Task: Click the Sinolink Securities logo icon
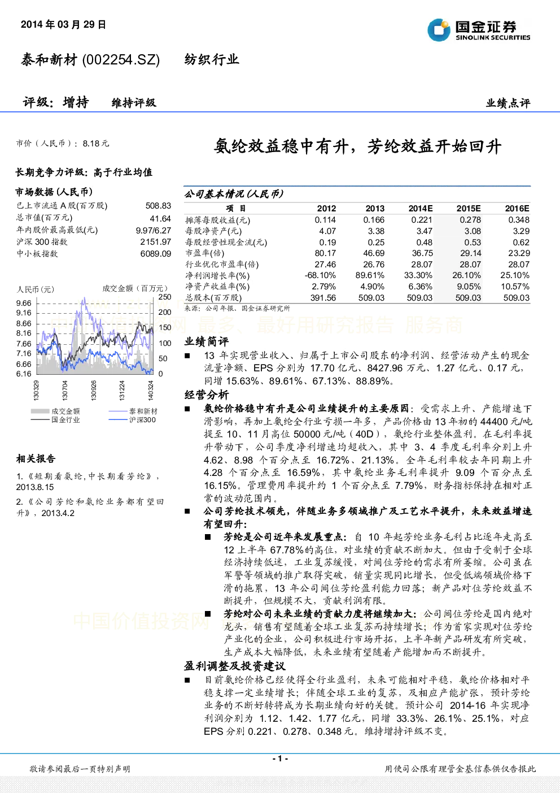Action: [x=439, y=30]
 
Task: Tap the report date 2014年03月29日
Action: [x=63, y=24]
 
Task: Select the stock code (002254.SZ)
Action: [x=121, y=60]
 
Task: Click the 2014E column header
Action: [x=421, y=209]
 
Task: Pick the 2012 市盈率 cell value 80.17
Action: [x=325, y=253]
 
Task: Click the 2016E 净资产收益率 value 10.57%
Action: [x=515, y=287]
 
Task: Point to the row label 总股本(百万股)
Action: [x=214, y=298]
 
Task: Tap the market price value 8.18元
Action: [x=96, y=144]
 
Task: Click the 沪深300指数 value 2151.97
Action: [x=156, y=242]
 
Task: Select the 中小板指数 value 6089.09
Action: [x=156, y=254]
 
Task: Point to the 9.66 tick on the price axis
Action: [x=24, y=303]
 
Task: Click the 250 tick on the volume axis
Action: [x=164, y=297]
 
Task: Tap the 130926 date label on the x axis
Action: [x=94, y=390]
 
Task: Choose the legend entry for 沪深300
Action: [x=132, y=420]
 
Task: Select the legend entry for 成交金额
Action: [x=55, y=411]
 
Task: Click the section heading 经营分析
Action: [x=207, y=395]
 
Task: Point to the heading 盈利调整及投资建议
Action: [x=235, y=666]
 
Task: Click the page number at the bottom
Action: [x=280, y=759]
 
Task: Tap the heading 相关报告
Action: [x=36, y=459]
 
